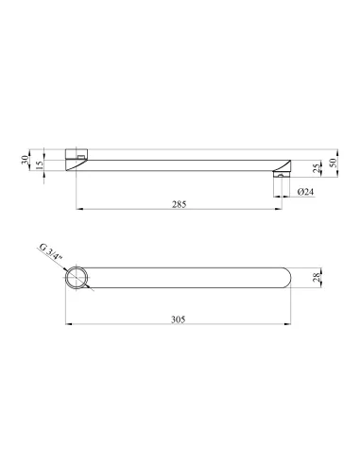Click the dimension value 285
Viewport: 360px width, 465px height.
pos(180,204)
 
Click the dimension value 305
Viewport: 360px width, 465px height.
pos(179,319)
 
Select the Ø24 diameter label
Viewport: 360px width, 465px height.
pos(305,192)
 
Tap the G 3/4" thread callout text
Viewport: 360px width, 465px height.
pos(50,252)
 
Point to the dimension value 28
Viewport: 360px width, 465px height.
pos(317,277)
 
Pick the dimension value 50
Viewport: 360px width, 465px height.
pos(333,163)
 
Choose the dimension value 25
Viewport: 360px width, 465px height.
pos(317,168)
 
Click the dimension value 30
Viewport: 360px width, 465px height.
pos(25,160)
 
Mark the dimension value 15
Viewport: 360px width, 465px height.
pos(39,165)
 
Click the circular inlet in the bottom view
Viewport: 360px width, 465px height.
pos(77,277)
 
